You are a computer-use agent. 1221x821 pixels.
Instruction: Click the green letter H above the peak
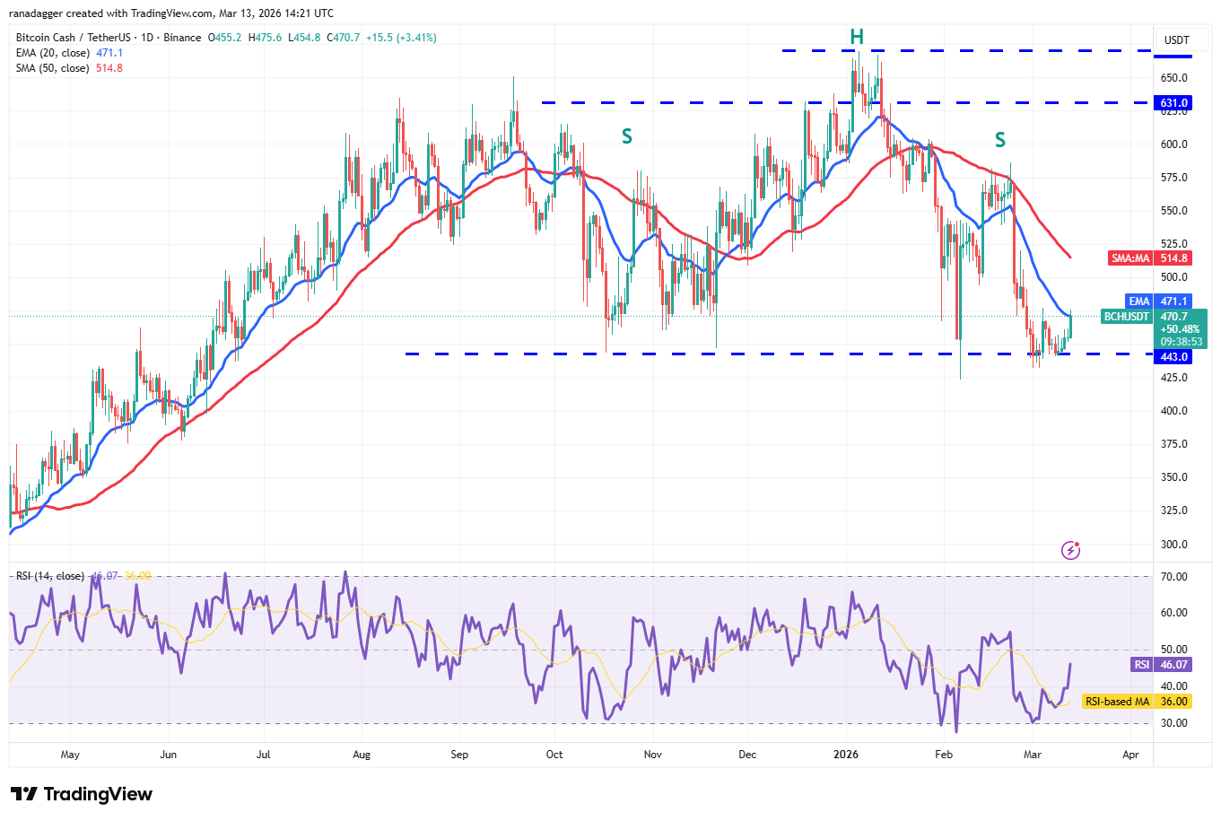857,37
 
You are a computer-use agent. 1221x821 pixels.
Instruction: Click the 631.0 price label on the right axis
1174,103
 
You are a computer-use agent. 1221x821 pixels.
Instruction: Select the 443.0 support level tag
1174,357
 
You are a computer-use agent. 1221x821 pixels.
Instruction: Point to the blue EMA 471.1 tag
1158,301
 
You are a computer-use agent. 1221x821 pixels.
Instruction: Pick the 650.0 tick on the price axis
1174,78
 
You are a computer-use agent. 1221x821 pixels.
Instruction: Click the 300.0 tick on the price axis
1174,545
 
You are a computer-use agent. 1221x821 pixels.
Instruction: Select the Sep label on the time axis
459,755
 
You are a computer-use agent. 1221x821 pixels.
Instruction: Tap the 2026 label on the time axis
846,755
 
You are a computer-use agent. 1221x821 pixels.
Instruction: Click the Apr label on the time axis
1130,755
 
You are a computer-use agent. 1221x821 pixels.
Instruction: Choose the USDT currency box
1176,40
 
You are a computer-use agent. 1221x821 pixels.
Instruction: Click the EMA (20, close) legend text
53,53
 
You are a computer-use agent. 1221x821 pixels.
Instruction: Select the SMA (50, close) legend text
53,68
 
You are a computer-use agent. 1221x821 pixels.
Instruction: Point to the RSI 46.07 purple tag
1160,665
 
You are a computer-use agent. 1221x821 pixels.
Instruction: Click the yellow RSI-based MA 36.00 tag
1136,702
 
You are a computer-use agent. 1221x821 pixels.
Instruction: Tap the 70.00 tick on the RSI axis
1174,577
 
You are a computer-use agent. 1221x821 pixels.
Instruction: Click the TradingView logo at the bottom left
82,794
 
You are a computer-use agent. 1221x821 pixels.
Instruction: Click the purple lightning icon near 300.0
1070,550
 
